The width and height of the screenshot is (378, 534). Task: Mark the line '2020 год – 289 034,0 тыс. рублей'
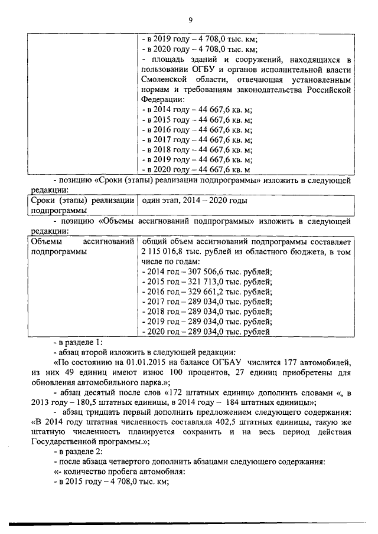coord(207,332)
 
